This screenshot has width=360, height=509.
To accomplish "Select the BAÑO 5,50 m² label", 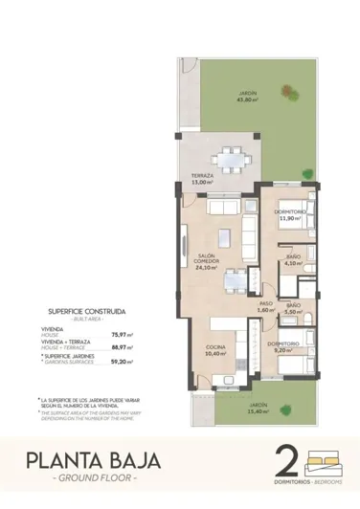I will (293, 308).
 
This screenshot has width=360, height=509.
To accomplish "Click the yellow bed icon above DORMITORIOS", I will (324, 458).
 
